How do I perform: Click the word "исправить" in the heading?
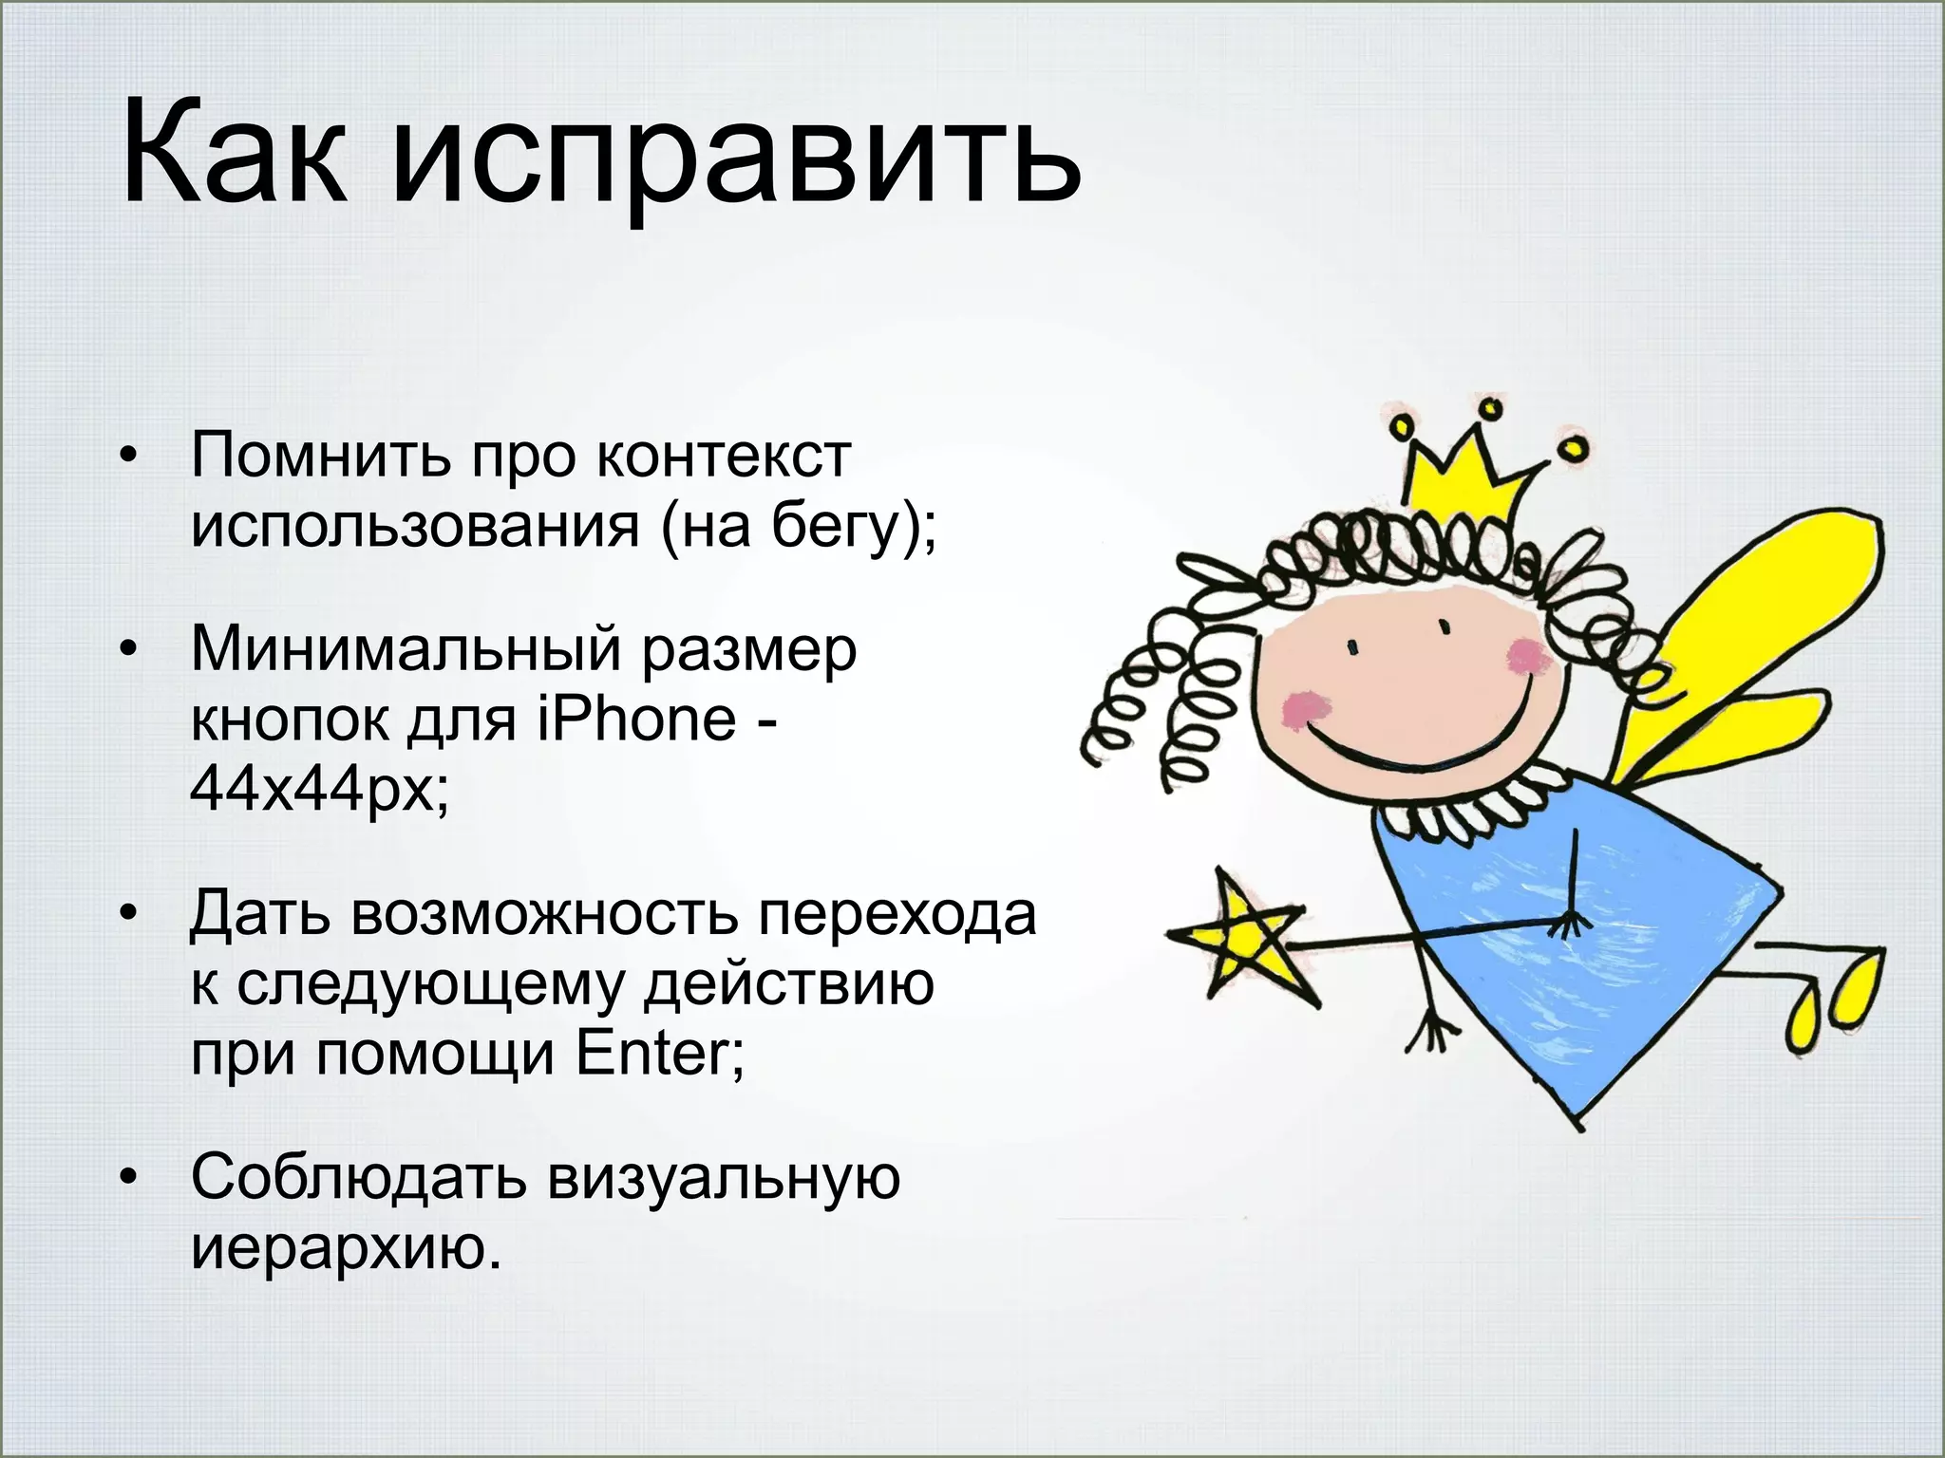click(x=736, y=157)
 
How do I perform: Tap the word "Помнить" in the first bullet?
click(x=320, y=456)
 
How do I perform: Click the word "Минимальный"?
click(x=409, y=650)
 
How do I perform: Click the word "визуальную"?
click(x=723, y=1178)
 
